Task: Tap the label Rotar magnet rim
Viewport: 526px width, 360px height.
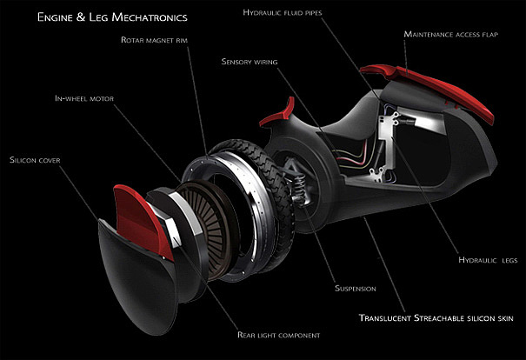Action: click(164, 41)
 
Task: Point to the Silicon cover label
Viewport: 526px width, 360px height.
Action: click(37, 160)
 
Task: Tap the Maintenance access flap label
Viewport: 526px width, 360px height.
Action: click(456, 35)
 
